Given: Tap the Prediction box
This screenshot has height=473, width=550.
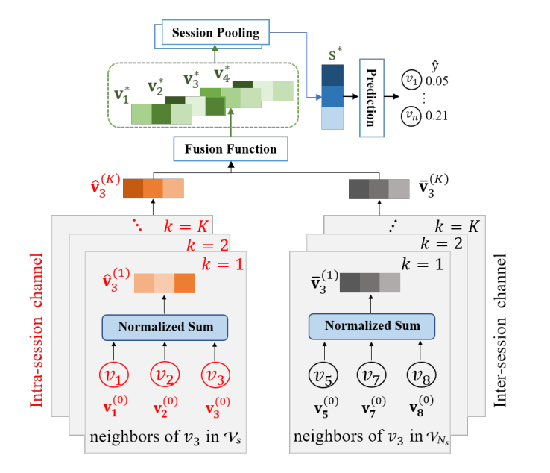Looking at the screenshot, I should pyautogui.click(x=371, y=98).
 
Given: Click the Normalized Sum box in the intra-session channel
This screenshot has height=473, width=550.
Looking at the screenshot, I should pyautogui.click(x=164, y=326).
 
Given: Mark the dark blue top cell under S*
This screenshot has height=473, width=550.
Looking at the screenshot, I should pyautogui.click(x=332, y=75).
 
